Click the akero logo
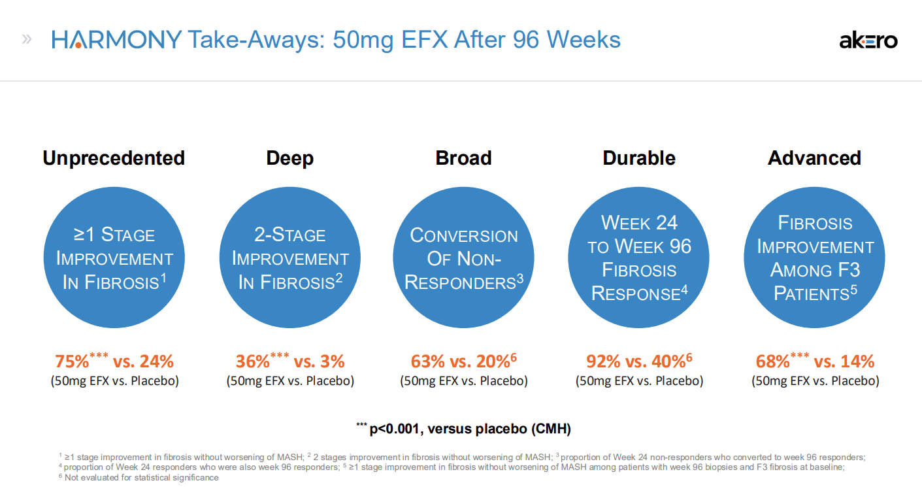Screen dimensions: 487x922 pos(868,41)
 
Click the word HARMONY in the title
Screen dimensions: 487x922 pos(116,40)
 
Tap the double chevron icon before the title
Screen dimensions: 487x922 pos(27,39)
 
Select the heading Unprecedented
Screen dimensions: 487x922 pos(114,158)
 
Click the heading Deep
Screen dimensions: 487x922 pos(289,158)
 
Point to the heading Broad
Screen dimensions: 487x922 pos(463,158)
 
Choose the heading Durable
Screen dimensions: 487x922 pos(638,158)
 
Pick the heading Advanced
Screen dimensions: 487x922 pos(814,158)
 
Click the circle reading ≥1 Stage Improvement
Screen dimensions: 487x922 pos(114,258)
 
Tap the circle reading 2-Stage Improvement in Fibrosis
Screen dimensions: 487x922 pos(289,258)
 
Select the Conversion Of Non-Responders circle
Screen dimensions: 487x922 pos(463,258)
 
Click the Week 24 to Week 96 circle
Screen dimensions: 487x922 pos(638,258)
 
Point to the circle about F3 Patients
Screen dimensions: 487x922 pos(814,258)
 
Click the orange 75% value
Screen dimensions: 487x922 pos(71,361)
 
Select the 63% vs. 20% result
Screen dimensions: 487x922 pos(461,361)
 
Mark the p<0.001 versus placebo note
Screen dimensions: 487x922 pos(463,429)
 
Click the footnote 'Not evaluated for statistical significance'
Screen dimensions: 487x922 pos(141,478)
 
